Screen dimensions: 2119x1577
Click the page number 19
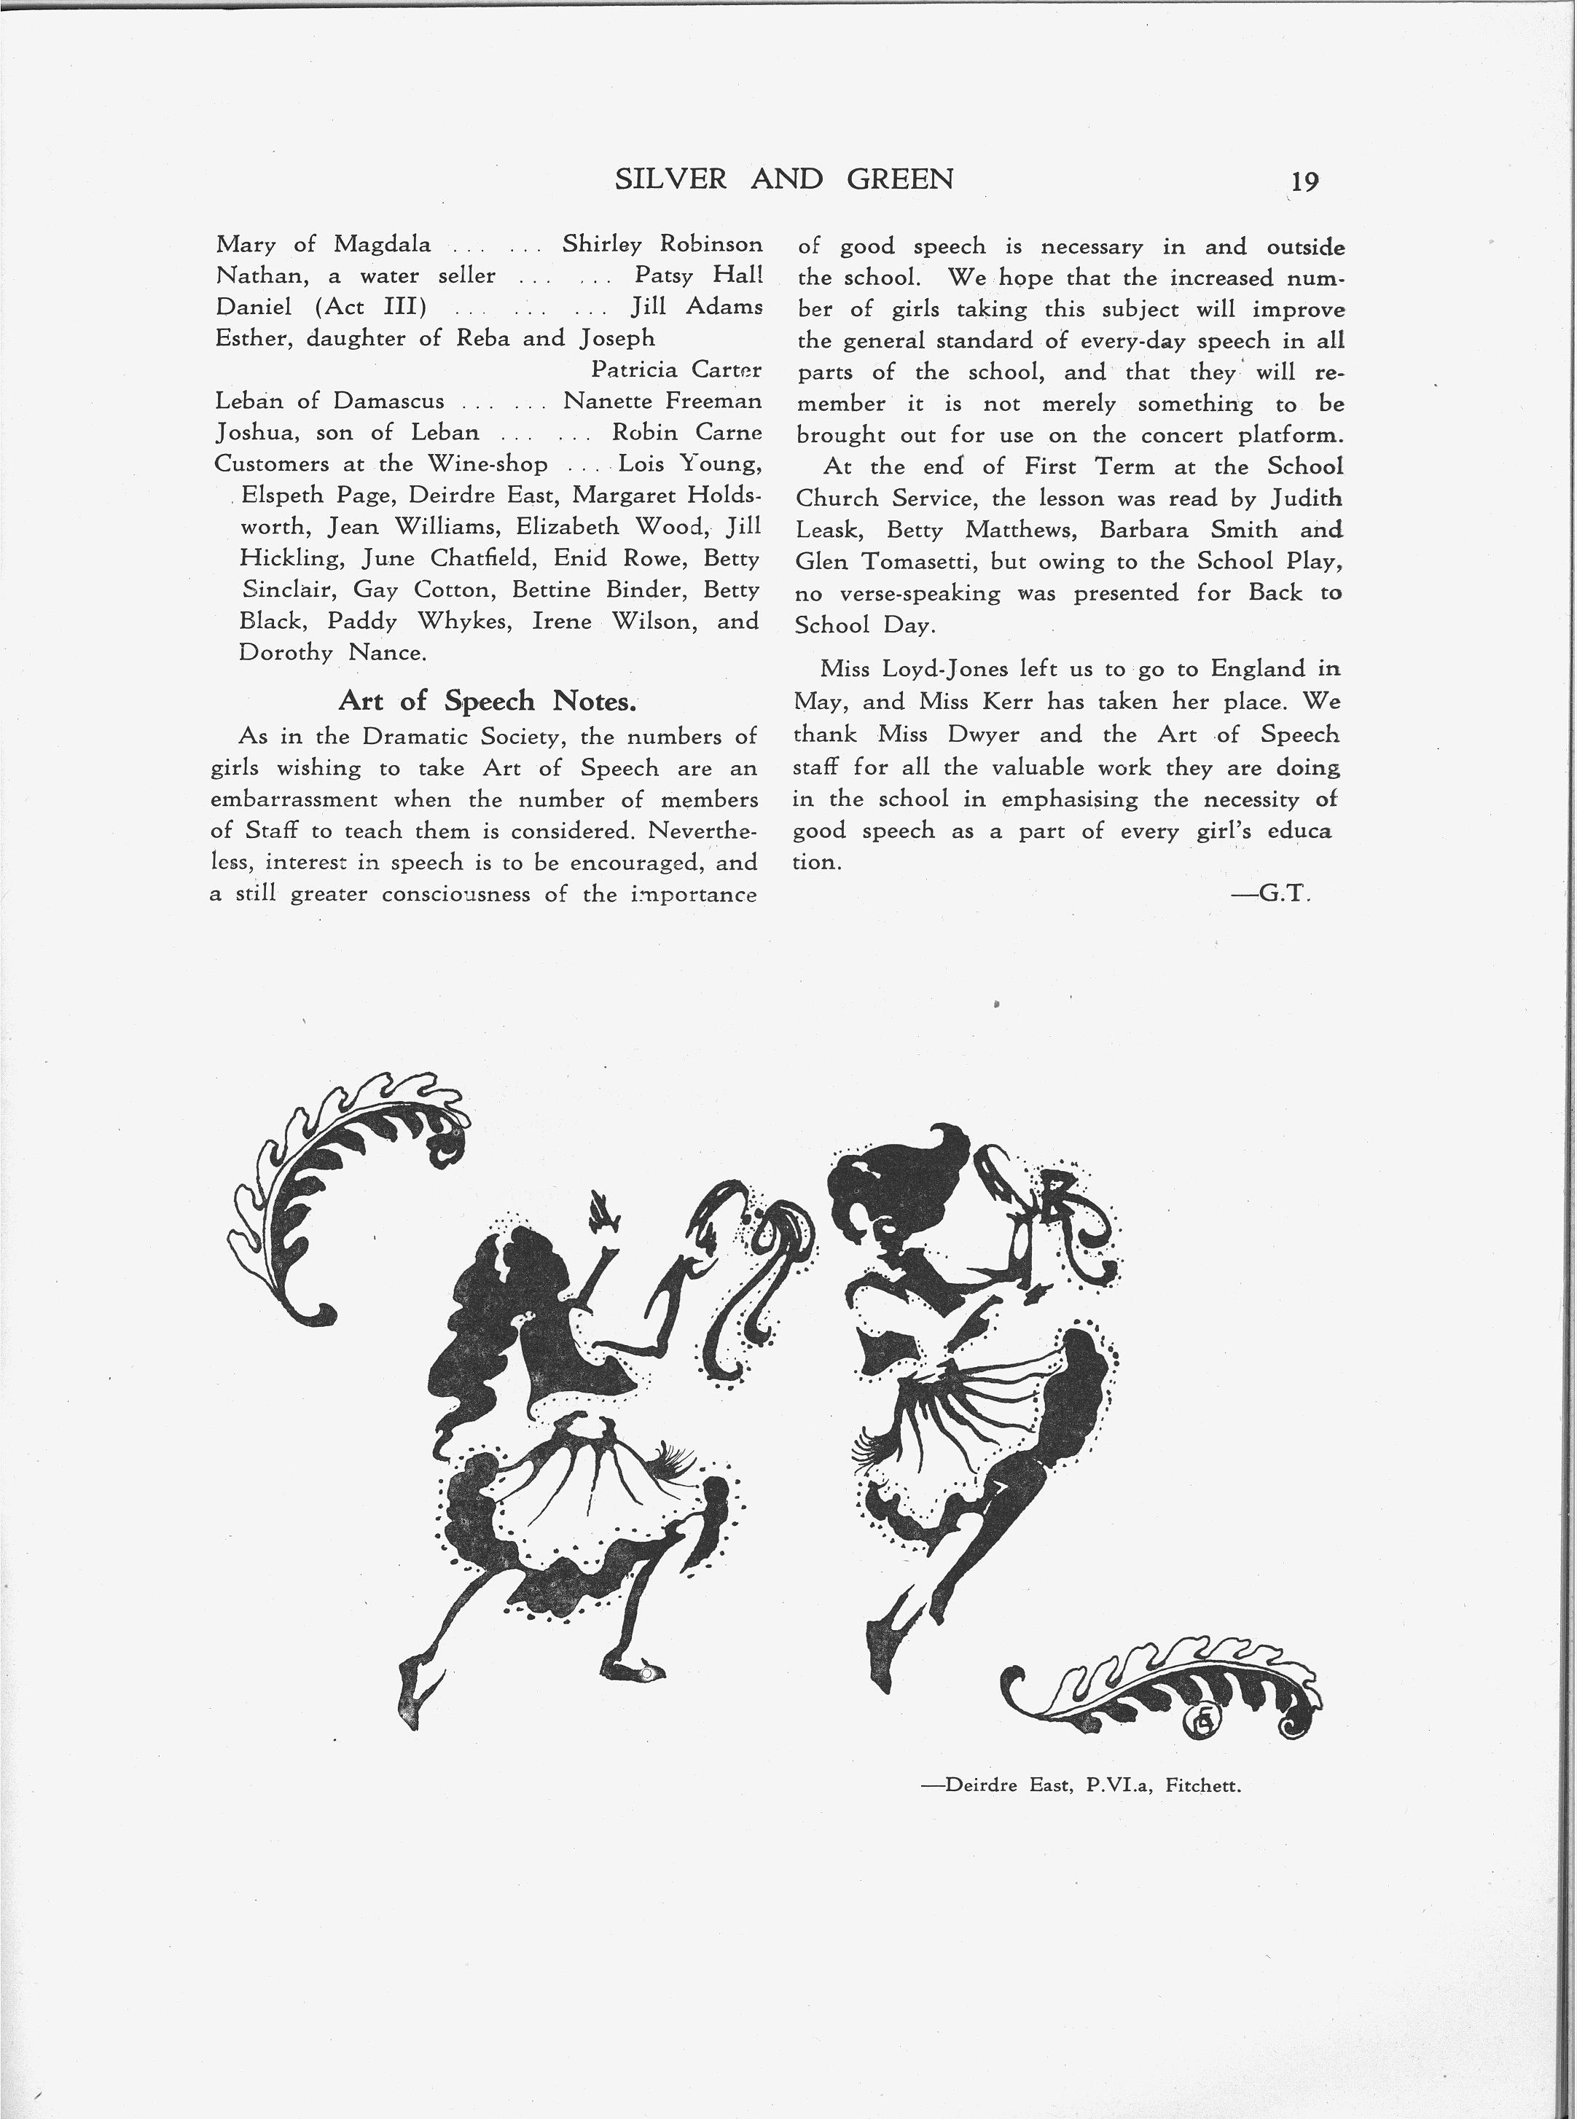coord(1304,182)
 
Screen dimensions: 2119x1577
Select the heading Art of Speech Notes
coord(487,702)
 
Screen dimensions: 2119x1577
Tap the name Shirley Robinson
coord(662,244)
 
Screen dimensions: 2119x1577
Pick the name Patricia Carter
coord(676,369)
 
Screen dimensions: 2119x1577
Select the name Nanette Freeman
coord(662,400)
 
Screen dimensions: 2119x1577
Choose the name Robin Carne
coord(686,431)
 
